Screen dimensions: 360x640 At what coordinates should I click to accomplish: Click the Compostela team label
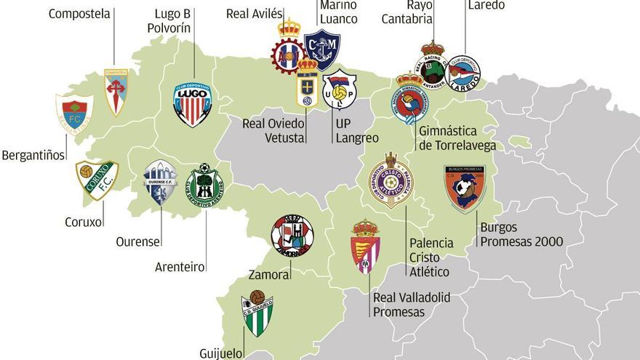tap(79, 14)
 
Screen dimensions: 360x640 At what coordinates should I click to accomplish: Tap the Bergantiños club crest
tap(73, 113)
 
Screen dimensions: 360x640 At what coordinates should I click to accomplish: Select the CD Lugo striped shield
tap(192, 105)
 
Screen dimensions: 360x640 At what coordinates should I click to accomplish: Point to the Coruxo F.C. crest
tap(96, 179)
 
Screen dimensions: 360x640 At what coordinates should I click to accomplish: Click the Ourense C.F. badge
tap(160, 183)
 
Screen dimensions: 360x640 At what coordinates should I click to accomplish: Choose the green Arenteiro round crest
tap(205, 186)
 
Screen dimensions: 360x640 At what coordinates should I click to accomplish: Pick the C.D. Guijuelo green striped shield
tap(257, 313)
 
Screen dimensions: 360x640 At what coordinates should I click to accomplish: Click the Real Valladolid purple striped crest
tap(365, 246)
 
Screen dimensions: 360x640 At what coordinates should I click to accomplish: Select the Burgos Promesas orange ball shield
tap(465, 188)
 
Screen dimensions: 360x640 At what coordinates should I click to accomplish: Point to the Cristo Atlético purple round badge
tap(391, 180)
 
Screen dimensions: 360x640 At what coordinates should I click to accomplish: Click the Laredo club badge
tap(464, 73)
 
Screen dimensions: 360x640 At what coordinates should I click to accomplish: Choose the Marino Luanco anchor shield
tap(321, 49)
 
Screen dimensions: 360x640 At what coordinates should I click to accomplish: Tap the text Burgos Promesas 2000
tap(521, 234)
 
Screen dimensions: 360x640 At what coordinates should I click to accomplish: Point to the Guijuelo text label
tap(220, 353)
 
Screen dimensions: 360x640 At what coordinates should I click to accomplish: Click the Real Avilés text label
tap(254, 14)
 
